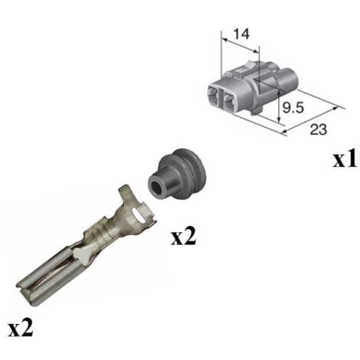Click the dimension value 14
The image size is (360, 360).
[x=241, y=34]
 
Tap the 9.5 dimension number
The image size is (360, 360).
[x=293, y=108]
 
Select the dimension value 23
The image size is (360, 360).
[x=319, y=129]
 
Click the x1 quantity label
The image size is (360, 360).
[x=344, y=159]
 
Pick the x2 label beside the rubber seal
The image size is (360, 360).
[x=183, y=237]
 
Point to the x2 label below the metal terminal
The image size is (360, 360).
[x=21, y=328]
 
